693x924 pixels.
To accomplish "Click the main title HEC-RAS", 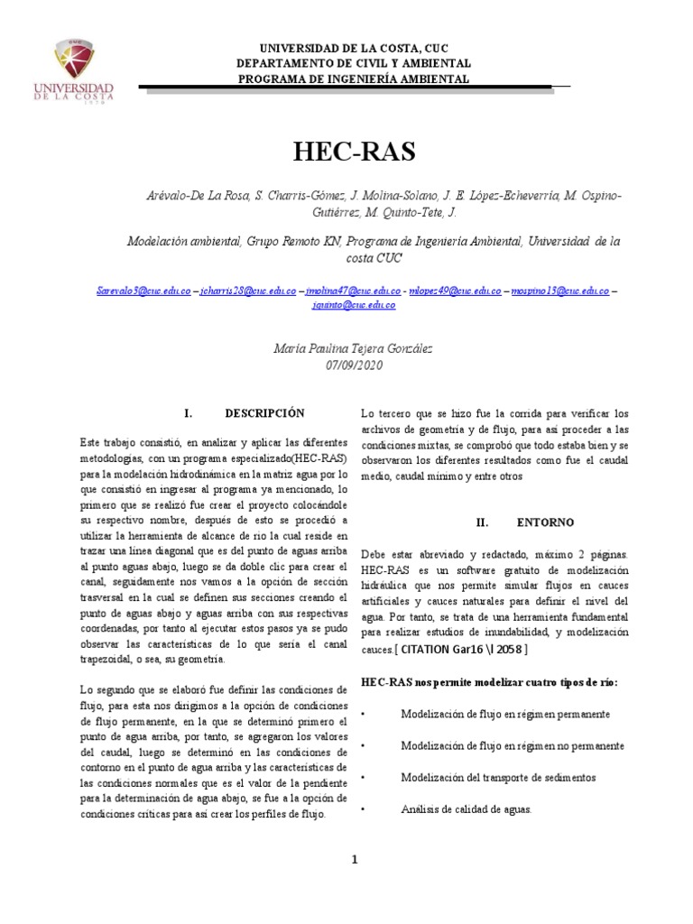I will [354, 152].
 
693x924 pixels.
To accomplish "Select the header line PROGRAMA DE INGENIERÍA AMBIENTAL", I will [353, 79].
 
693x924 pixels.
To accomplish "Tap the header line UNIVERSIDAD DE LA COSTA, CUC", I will [353, 49].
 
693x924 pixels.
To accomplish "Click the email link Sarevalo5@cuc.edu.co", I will [143, 291].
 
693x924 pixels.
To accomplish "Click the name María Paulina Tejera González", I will [353, 347].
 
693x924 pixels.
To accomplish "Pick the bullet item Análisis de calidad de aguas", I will [466, 809].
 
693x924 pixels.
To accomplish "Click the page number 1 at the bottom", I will [356, 860].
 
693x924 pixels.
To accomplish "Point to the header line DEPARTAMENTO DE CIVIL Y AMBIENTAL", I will [353, 64].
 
